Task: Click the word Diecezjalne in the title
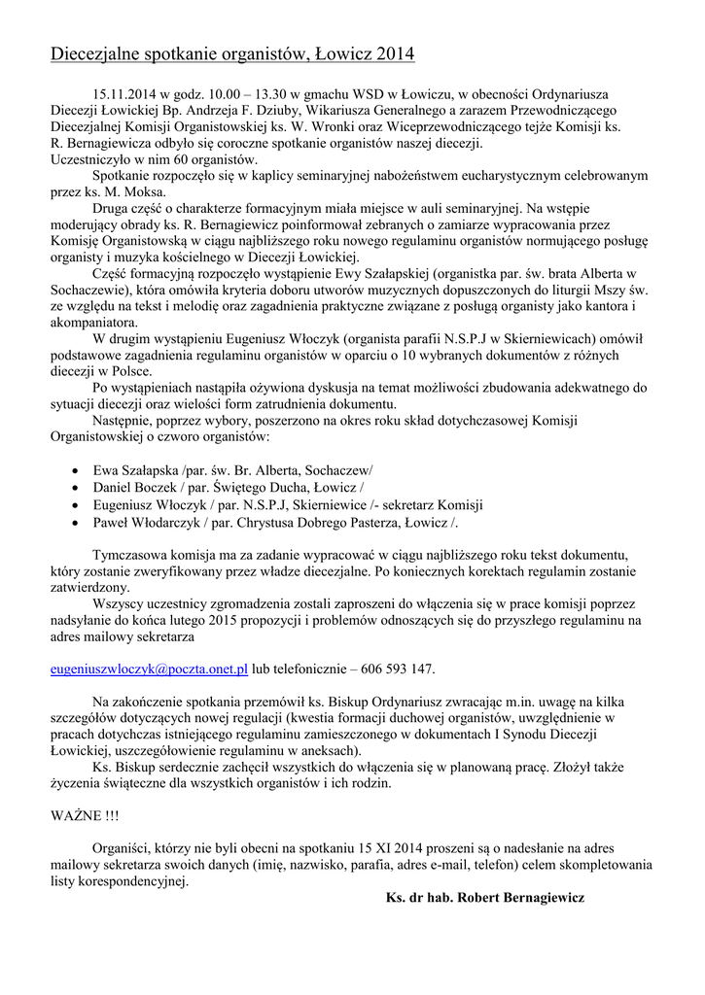99,55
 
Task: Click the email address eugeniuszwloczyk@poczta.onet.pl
149,669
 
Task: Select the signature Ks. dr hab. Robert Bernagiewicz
485,898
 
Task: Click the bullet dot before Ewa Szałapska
77,470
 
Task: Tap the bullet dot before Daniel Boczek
77,488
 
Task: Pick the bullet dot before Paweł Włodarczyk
77,523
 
